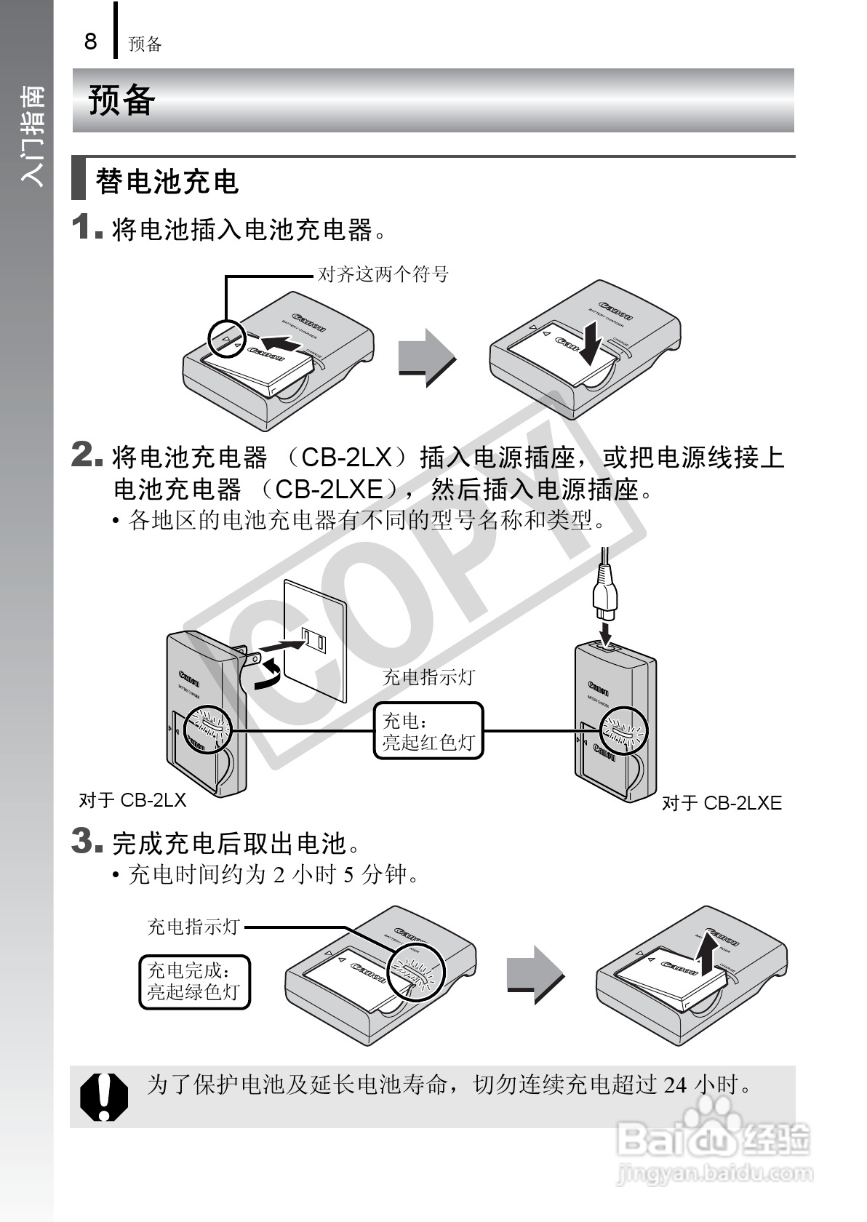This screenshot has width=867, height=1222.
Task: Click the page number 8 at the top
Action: (90, 41)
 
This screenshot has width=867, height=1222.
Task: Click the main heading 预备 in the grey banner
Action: (121, 100)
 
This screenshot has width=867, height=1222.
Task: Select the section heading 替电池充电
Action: (167, 182)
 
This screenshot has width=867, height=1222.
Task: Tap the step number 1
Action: (84, 227)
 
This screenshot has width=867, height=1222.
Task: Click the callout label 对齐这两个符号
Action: (383, 274)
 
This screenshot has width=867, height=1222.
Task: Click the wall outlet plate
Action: (314, 639)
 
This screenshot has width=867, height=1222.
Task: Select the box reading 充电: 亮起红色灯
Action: (428, 731)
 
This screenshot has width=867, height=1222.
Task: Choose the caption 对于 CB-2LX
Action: (132, 800)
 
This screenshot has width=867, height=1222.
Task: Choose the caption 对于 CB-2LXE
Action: (722, 803)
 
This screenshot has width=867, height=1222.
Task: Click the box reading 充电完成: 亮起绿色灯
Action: (194, 981)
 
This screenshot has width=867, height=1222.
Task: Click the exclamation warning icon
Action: (104, 1097)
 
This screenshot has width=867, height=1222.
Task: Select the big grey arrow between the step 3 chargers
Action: (535, 975)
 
